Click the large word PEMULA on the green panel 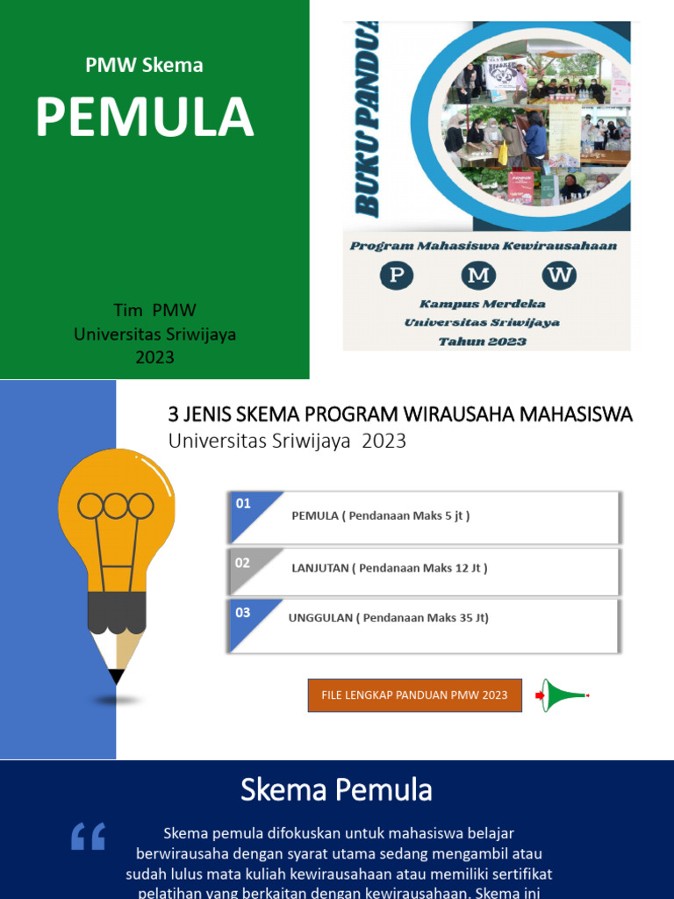tap(145, 118)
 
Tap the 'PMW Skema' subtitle tap(144, 65)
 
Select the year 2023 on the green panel tap(154, 357)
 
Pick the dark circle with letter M tap(478, 276)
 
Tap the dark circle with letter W tap(560, 276)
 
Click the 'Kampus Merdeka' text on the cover tap(482, 304)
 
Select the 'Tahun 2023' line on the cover tap(482, 341)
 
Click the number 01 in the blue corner tap(243, 504)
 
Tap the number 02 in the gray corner tap(243, 563)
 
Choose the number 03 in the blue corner tap(243, 613)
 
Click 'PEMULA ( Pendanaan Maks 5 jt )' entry tap(380, 516)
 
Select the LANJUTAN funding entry tap(389, 568)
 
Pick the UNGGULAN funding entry tap(388, 618)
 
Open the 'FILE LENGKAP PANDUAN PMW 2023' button tap(414, 695)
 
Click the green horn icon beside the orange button tap(562, 695)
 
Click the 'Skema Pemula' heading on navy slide tap(336, 791)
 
